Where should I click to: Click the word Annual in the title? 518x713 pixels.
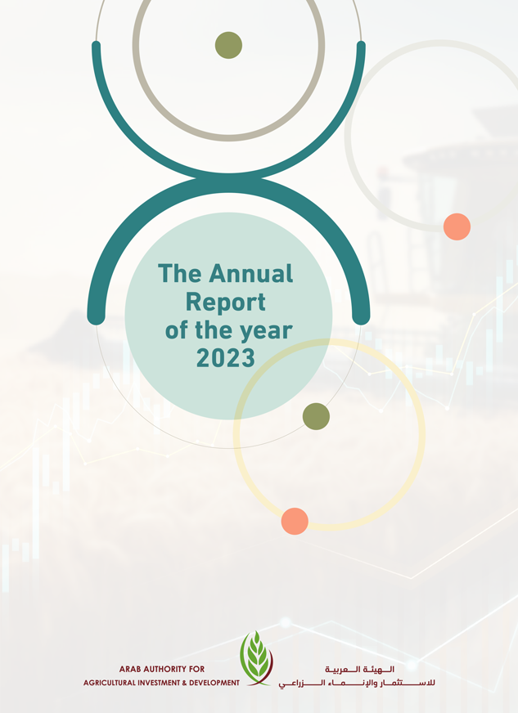point(250,274)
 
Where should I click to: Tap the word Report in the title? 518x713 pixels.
point(225,303)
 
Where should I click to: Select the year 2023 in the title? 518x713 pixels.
point(225,358)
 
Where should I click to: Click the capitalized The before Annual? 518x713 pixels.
point(180,274)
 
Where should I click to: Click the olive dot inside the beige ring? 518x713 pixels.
point(228,45)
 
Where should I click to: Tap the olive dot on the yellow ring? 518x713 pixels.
point(316,416)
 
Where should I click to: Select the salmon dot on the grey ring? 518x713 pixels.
point(457,226)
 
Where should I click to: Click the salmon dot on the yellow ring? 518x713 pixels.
point(295,521)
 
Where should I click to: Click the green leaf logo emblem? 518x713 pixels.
point(256,658)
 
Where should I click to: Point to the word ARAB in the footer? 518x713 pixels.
point(128,670)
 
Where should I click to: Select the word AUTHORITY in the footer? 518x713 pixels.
point(164,670)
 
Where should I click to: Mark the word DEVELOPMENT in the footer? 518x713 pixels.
point(214,683)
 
